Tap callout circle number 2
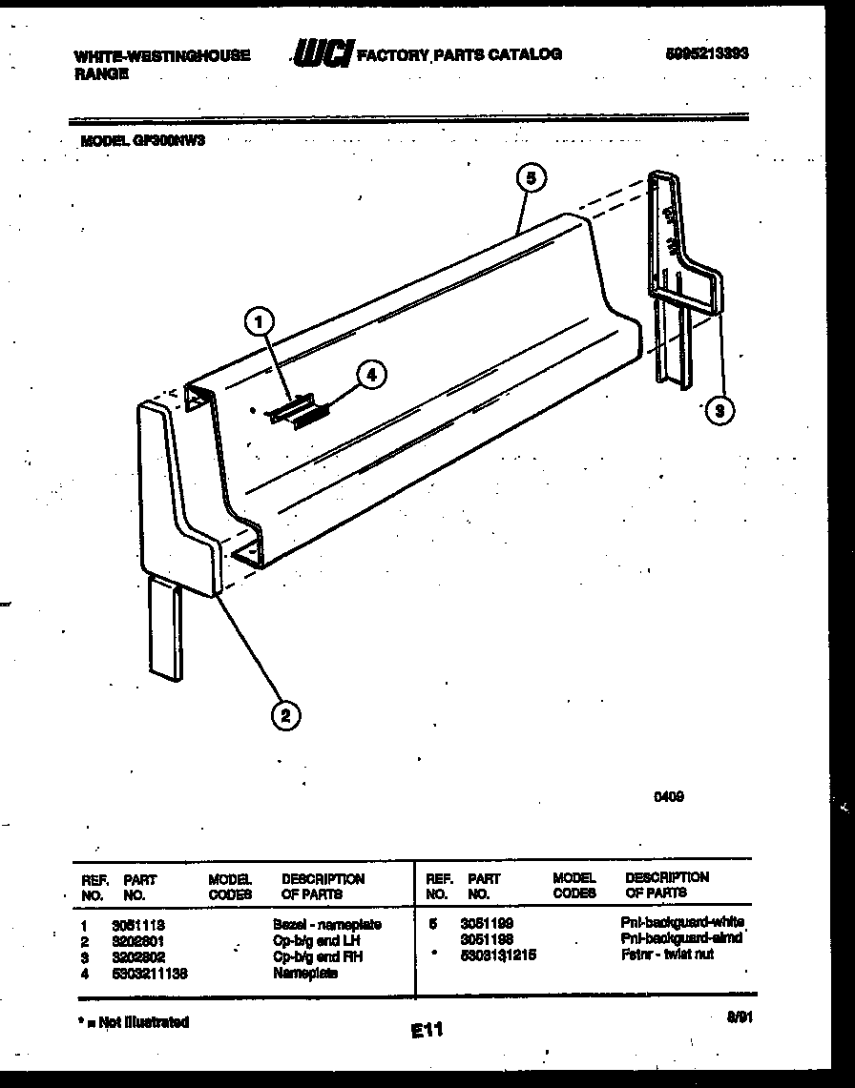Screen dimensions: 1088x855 (284, 714)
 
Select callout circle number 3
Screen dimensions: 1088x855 (720, 411)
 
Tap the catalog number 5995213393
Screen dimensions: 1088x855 (706, 54)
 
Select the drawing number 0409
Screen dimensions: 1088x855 (667, 798)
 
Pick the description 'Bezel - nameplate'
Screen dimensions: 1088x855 (326, 925)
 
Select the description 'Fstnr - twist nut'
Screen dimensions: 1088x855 (666, 955)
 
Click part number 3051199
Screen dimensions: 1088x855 (486, 924)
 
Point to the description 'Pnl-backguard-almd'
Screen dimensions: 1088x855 (680, 938)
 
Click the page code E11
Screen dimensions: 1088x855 (427, 1030)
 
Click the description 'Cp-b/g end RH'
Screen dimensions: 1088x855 (317, 956)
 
